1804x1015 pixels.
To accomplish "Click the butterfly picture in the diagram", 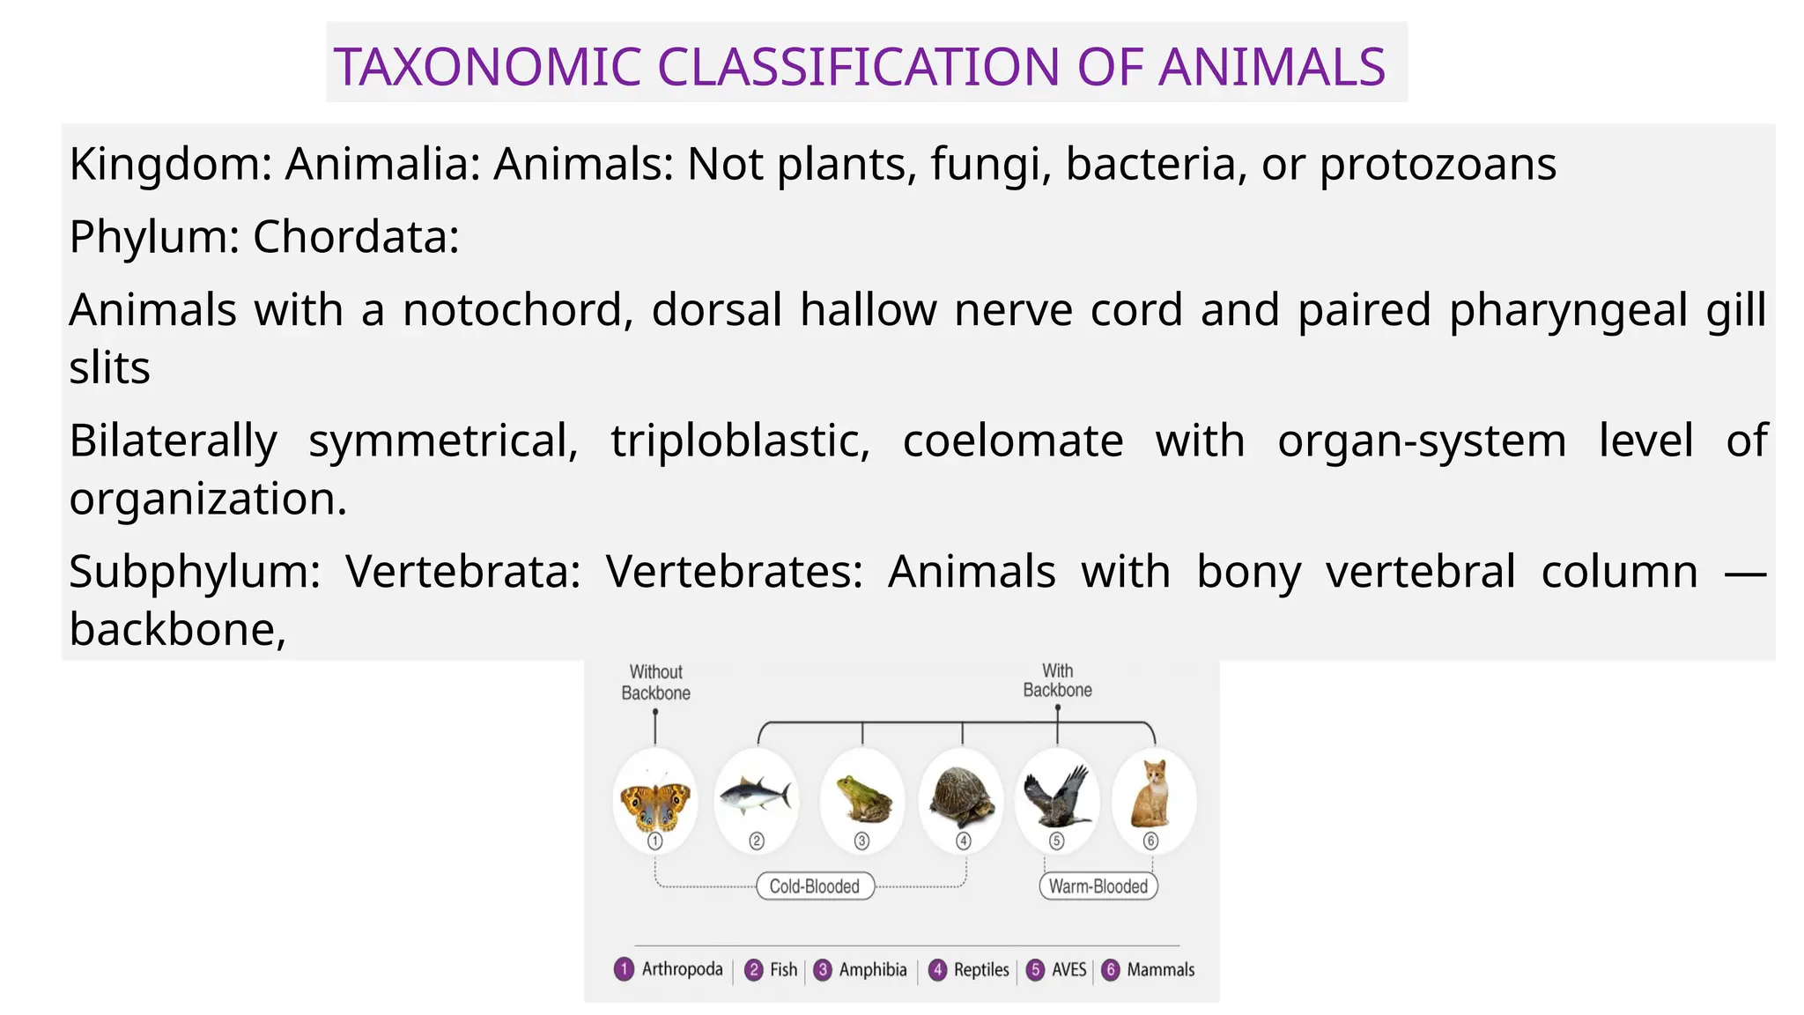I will tap(655, 803).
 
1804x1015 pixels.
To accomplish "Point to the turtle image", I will tap(963, 796).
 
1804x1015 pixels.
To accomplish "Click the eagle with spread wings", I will tap(1057, 796).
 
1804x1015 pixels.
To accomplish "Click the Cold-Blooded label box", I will tap(815, 886).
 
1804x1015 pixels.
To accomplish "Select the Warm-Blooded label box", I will tap(1098, 886).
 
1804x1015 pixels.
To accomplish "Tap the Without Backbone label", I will tap(656, 683).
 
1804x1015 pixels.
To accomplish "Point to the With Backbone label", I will tap(1057, 681).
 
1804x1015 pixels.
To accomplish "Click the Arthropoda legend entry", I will tap(682, 969).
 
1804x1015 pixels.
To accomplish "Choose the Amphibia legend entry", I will tap(872, 970).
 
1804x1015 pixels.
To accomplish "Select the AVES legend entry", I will tap(1068, 970).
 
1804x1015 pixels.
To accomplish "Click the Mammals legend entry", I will tap(1160, 970).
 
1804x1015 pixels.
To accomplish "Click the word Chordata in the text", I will tap(355, 237).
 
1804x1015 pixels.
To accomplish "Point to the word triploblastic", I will tap(740, 441).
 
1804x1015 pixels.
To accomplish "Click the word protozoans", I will tap(1438, 164).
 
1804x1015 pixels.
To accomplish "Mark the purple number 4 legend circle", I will tap(938, 970).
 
